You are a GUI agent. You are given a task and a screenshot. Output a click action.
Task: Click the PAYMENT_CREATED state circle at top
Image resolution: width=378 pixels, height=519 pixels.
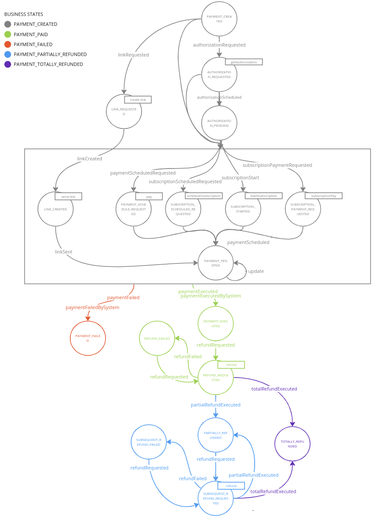tap(219, 19)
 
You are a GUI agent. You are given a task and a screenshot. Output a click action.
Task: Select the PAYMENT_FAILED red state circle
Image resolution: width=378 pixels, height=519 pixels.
tap(88, 338)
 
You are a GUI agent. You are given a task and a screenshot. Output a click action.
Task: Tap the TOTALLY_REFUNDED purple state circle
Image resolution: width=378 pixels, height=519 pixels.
tap(293, 444)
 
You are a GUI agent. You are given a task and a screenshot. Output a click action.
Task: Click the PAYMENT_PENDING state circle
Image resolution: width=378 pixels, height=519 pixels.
tap(216, 263)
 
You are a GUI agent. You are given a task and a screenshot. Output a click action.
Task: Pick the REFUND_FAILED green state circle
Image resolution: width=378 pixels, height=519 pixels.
tap(157, 338)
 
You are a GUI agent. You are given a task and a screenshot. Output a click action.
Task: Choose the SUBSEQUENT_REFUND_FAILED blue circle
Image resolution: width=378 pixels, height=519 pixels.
tap(149, 442)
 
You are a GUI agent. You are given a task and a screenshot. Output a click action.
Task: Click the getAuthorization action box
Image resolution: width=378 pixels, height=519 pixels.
tap(244, 62)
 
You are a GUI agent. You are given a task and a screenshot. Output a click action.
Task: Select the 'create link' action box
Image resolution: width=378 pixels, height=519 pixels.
tap(138, 100)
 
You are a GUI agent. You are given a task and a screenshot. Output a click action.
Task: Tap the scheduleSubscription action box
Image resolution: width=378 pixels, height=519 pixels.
tap(204, 196)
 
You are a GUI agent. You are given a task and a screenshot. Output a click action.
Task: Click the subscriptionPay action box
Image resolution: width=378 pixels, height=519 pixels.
tap(324, 196)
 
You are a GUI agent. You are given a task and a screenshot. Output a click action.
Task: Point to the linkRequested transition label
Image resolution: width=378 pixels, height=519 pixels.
tap(133, 55)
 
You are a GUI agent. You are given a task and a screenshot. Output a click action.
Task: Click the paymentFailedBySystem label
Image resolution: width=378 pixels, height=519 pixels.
tap(92, 307)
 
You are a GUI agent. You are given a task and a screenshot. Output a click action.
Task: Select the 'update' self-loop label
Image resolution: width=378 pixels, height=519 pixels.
tap(256, 271)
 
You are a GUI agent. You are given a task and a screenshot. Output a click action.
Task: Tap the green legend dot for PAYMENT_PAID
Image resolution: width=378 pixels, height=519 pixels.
tap(8, 34)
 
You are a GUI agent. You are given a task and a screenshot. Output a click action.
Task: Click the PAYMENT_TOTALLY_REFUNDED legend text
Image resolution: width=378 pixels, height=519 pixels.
tap(48, 64)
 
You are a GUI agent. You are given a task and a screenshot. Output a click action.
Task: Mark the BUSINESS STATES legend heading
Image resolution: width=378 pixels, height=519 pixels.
tap(24, 14)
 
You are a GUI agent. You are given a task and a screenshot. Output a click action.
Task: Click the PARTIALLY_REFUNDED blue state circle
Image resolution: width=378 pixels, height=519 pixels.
tap(216, 435)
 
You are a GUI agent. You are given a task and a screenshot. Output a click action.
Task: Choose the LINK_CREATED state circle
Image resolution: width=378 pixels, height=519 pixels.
tap(56, 209)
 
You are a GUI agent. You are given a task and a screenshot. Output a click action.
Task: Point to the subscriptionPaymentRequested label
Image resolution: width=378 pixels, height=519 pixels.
tap(277, 165)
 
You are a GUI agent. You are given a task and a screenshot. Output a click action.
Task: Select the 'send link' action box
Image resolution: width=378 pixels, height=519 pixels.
tap(68, 197)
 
